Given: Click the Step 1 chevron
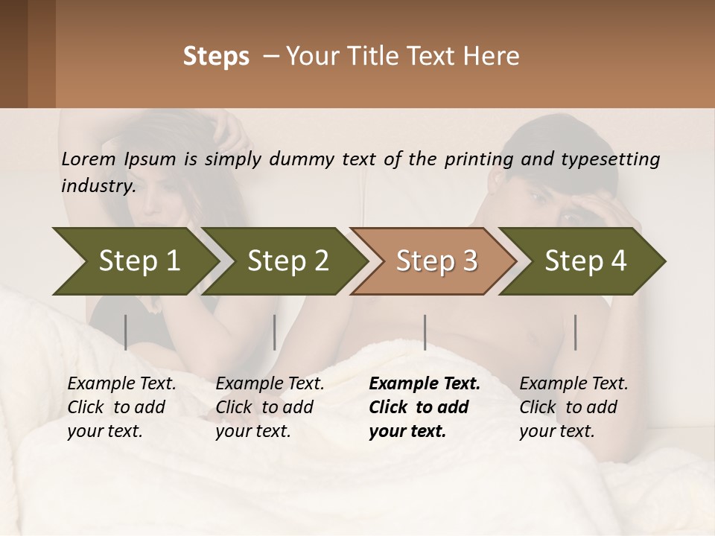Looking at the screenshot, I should point(134,261).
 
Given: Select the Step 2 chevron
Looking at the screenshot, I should point(287,261).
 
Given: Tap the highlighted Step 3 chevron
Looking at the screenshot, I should point(436,261).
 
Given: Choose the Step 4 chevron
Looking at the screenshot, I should point(585,261).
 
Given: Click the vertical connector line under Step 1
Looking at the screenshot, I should point(126,332).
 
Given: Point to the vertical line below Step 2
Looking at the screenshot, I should point(275,332).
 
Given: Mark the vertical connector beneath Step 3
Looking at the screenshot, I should point(425,332).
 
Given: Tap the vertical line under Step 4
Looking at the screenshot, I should point(575,332).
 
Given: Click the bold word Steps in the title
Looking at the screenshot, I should point(216,57).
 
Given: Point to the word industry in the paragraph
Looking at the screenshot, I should point(98,185).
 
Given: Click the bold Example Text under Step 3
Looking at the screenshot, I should point(425,384).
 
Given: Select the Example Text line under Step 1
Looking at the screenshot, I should point(121,384).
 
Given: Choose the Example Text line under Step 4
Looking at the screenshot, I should point(573,384).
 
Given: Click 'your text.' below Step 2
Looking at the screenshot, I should point(252,431).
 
